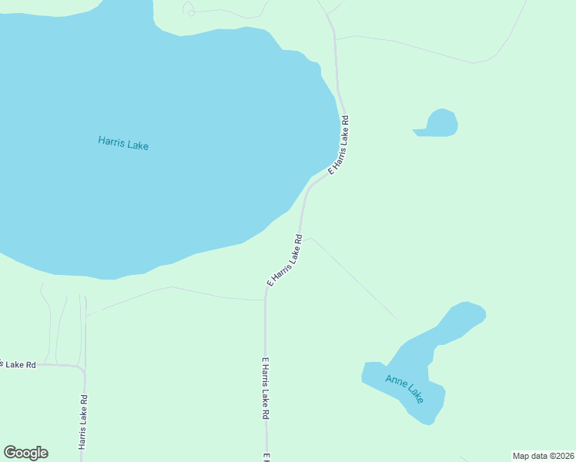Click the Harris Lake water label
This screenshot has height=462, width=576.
(123, 142)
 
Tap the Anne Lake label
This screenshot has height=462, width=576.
(405, 388)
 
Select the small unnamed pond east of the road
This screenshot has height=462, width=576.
(438, 123)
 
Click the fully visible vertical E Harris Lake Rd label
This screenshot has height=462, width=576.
(265, 388)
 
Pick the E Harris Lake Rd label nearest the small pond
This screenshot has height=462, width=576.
(340, 145)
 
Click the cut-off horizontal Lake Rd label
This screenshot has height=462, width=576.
(18, 363)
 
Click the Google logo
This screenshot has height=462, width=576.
(26, 453)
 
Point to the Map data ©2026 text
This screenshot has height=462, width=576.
(542, 456)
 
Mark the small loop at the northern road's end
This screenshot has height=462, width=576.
(189, 9)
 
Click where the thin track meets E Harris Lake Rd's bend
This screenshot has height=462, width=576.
(265, 300)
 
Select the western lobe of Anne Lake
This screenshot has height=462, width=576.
(373, 373)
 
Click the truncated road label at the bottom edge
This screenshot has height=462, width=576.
(266, 457)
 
